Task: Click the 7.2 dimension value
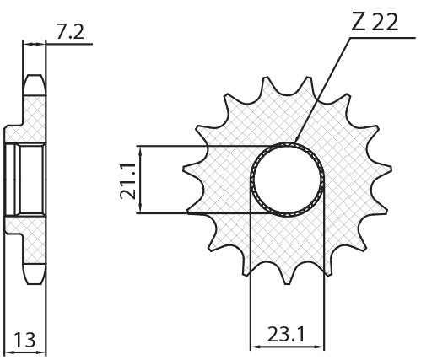72,31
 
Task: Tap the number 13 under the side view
24,340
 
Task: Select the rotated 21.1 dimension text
127,180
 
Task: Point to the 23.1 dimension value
287,335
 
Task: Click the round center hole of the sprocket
288,179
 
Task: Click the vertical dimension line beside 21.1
140,180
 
